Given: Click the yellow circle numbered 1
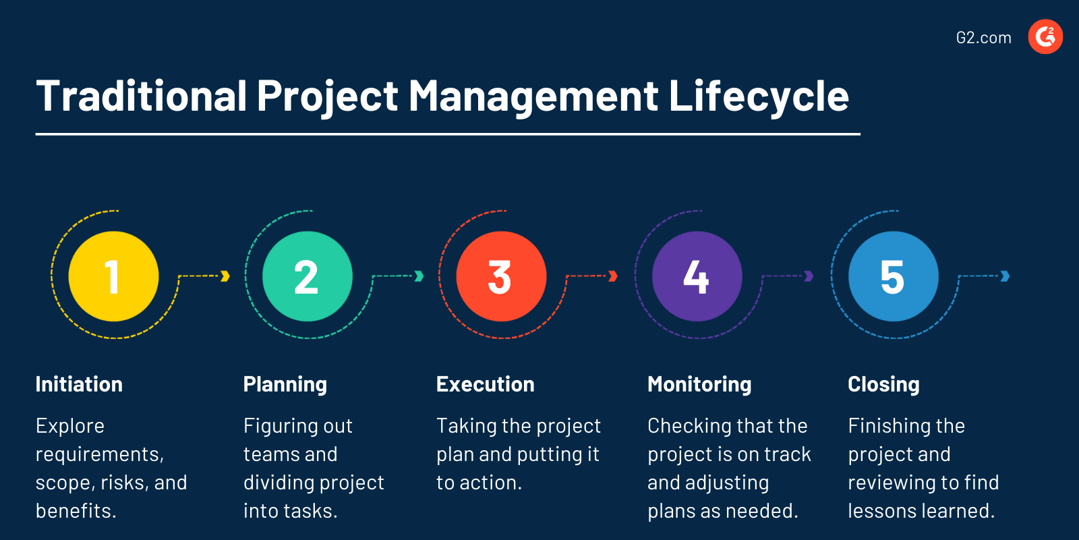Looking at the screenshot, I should coord(113,276).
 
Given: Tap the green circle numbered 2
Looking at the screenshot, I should coord(308,276).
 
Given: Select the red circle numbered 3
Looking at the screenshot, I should coord(501,276).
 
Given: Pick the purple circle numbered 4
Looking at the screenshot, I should coord(697,276).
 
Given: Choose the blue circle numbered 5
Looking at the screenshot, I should coord(893,276).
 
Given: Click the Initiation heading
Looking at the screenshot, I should coord(79,384).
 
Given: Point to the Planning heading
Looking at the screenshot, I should coord(285,384).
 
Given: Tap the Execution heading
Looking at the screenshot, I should coord(485,384).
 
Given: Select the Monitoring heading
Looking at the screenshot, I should coord(699,384).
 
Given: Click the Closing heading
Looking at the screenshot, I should coord(883,384).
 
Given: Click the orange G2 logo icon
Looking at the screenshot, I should coord(1045,36).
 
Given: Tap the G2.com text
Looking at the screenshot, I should coord(983,38).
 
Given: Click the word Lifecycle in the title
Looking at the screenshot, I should coord(758,97).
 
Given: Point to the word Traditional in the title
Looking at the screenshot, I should coord(142,97).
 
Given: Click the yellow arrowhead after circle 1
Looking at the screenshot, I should coord(225,276).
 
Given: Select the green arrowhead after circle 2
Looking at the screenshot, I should coord(419,276).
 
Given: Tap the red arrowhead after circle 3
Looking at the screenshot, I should coord(613,276).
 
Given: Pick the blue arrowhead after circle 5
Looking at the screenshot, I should coord(1005,276).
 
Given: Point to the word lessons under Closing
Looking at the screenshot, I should coord(883,511).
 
